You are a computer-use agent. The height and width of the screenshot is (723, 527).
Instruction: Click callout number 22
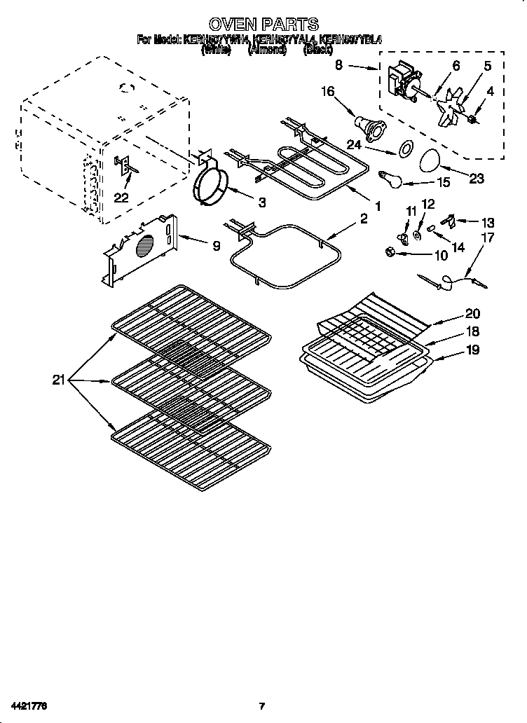121,198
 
